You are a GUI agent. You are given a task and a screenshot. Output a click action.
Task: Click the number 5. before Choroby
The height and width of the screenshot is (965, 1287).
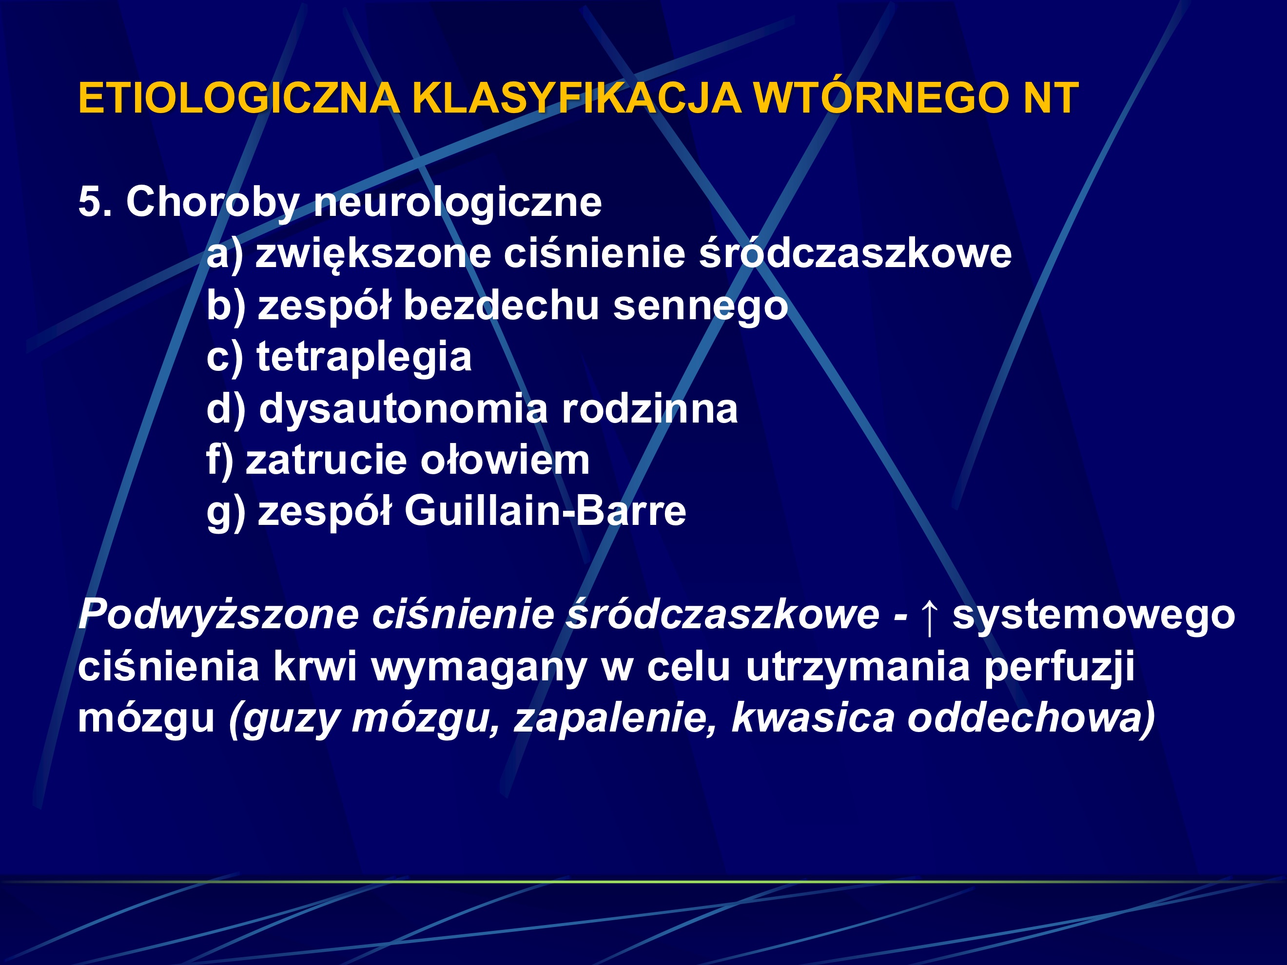point(95,202)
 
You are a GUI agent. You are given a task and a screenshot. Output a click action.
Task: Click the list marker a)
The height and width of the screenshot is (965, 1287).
point(225,255)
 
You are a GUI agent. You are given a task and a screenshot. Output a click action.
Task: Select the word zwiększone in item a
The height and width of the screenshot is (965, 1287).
point(372,255)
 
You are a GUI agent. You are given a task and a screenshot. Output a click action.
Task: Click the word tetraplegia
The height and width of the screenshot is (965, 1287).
point(364,357)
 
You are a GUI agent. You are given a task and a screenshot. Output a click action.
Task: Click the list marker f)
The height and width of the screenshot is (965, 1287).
point(220,460)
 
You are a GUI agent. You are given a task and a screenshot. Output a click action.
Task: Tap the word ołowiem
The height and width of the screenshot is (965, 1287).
point(505,460)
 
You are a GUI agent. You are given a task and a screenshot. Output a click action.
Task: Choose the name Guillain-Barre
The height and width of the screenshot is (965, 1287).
point(545,511)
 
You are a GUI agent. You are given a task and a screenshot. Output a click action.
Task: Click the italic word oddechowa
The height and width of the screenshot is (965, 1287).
point(1031,718)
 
